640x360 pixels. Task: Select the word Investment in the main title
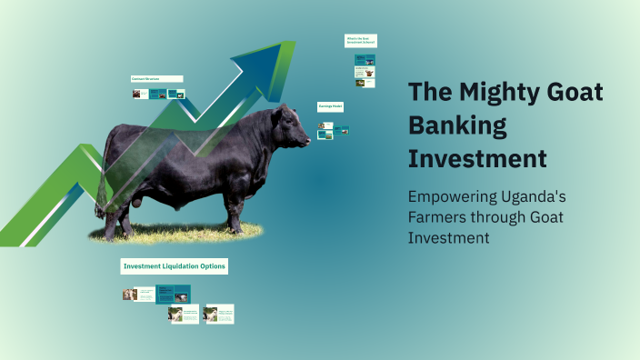click(x=477, y=158)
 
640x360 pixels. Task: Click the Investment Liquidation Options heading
click(x=174, y=266)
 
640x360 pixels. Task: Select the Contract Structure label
click(x=156, y=79)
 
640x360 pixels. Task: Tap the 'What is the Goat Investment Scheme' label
click(x=360, y=41)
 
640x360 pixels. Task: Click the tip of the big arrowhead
click(x=294, y=41)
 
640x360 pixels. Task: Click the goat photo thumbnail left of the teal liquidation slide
click(x=129, y=295)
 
